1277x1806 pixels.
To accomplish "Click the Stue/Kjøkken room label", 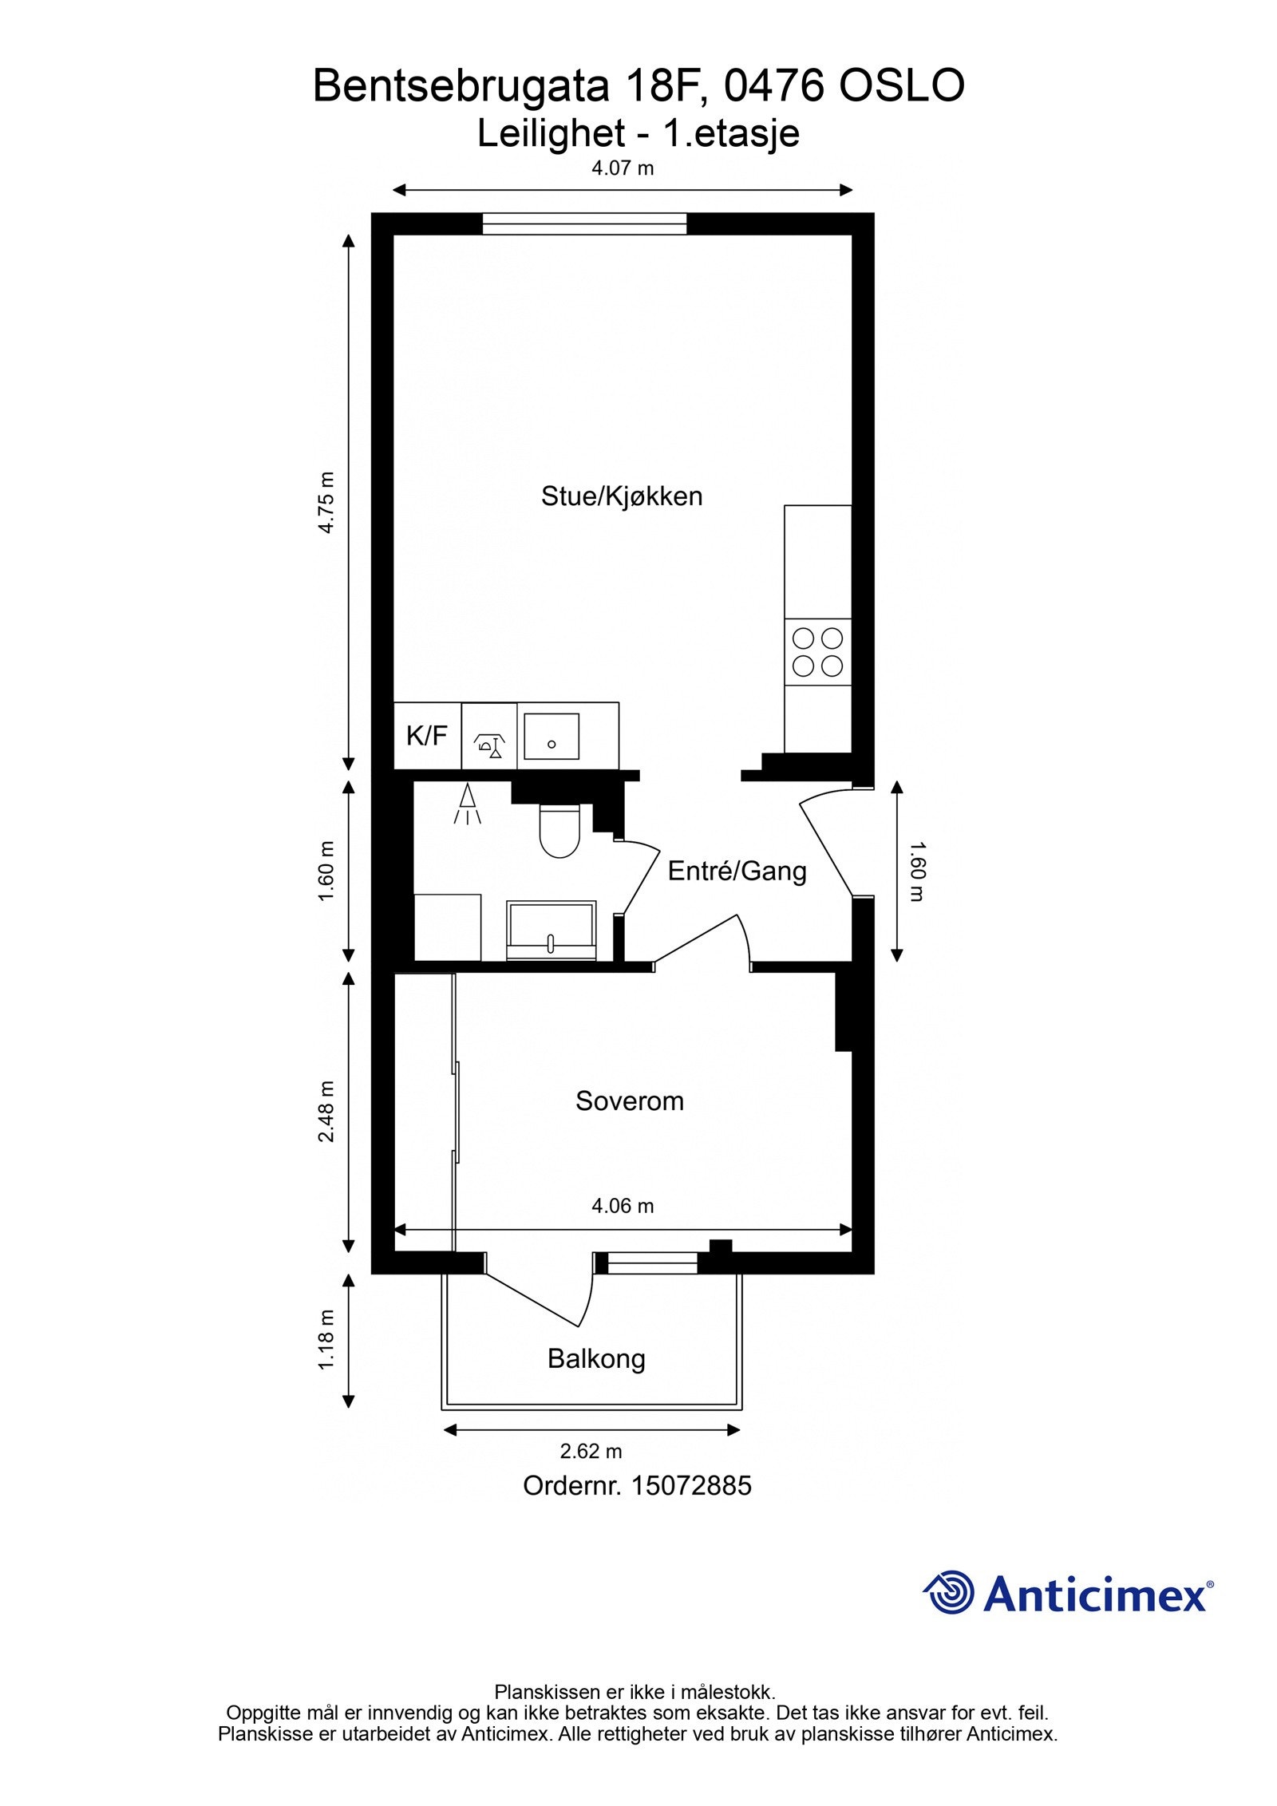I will (621, 496).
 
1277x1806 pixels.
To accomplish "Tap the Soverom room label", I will (629, 1101).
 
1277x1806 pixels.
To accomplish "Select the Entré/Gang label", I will (736, 871).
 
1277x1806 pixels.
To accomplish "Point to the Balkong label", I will (595, 1357).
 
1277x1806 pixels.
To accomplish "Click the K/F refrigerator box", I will (427, 736).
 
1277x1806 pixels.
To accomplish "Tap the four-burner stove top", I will (817, 652).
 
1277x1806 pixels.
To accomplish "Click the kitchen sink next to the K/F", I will (551, 736).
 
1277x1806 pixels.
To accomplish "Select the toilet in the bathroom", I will (559, 832).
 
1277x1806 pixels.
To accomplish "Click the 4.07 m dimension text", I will (622, 168).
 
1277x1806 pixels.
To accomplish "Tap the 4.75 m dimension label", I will (326, 503).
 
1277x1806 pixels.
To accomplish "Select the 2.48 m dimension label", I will (326, 1112).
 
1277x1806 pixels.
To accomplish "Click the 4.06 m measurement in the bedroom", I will (622, 1206).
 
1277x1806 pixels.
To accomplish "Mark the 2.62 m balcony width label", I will (591, 1451).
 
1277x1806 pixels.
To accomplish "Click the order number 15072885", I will (691, 1485).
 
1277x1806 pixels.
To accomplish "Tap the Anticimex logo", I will (1068, 1596).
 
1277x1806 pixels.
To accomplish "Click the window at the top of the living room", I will (583, 223).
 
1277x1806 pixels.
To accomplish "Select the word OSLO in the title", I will (901, 86).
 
